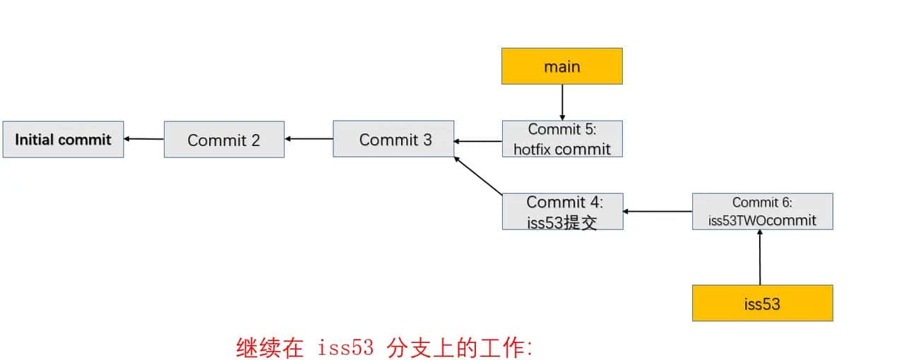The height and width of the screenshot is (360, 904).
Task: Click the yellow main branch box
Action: [561, 66]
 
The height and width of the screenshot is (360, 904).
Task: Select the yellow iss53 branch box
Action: [762, 304]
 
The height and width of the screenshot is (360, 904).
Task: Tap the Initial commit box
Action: [63, 139]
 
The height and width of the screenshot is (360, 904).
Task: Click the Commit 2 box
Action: [224, 140]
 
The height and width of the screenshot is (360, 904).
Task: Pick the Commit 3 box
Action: [393, 139]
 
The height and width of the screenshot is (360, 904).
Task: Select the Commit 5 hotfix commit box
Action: [561, 138]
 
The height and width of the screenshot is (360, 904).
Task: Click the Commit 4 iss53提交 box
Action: [562, 211]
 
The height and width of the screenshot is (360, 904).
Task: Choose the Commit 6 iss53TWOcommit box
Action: [762, 211]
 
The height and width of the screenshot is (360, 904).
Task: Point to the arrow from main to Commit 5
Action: [562, 102]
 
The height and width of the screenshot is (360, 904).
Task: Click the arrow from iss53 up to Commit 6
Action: [760, 258]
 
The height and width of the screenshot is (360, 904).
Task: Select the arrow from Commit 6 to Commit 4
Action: [658, 211]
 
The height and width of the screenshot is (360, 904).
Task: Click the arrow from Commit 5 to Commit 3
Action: [478, 141]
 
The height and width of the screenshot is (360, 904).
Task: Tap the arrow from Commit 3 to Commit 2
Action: [309, 139]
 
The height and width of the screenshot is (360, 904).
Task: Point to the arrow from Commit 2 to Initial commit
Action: [144, 139]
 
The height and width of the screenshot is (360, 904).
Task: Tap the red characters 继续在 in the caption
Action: [269, 347]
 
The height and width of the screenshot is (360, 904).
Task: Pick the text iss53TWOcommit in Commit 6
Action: [762, 220]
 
